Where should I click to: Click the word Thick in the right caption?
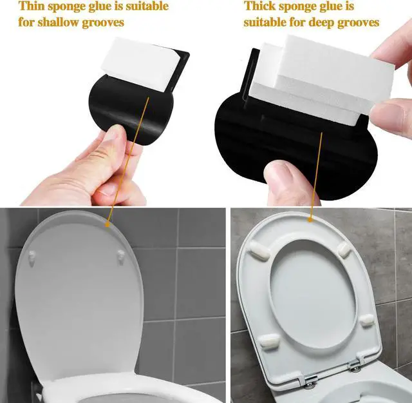tap(259, 6)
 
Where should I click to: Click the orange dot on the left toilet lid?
tap(108, 225)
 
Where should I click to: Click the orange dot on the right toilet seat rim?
tap(310, 219)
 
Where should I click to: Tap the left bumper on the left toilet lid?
tap(32, 257)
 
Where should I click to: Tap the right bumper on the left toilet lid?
tap(121, 257)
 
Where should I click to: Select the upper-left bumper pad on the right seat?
tap(259, 250)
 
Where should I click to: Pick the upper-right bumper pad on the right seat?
tap(344, 250)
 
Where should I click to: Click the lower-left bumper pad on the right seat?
tap(270, 340)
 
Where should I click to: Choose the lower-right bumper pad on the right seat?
tap(366, 320)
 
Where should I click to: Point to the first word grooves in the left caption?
tap(103, 23)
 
